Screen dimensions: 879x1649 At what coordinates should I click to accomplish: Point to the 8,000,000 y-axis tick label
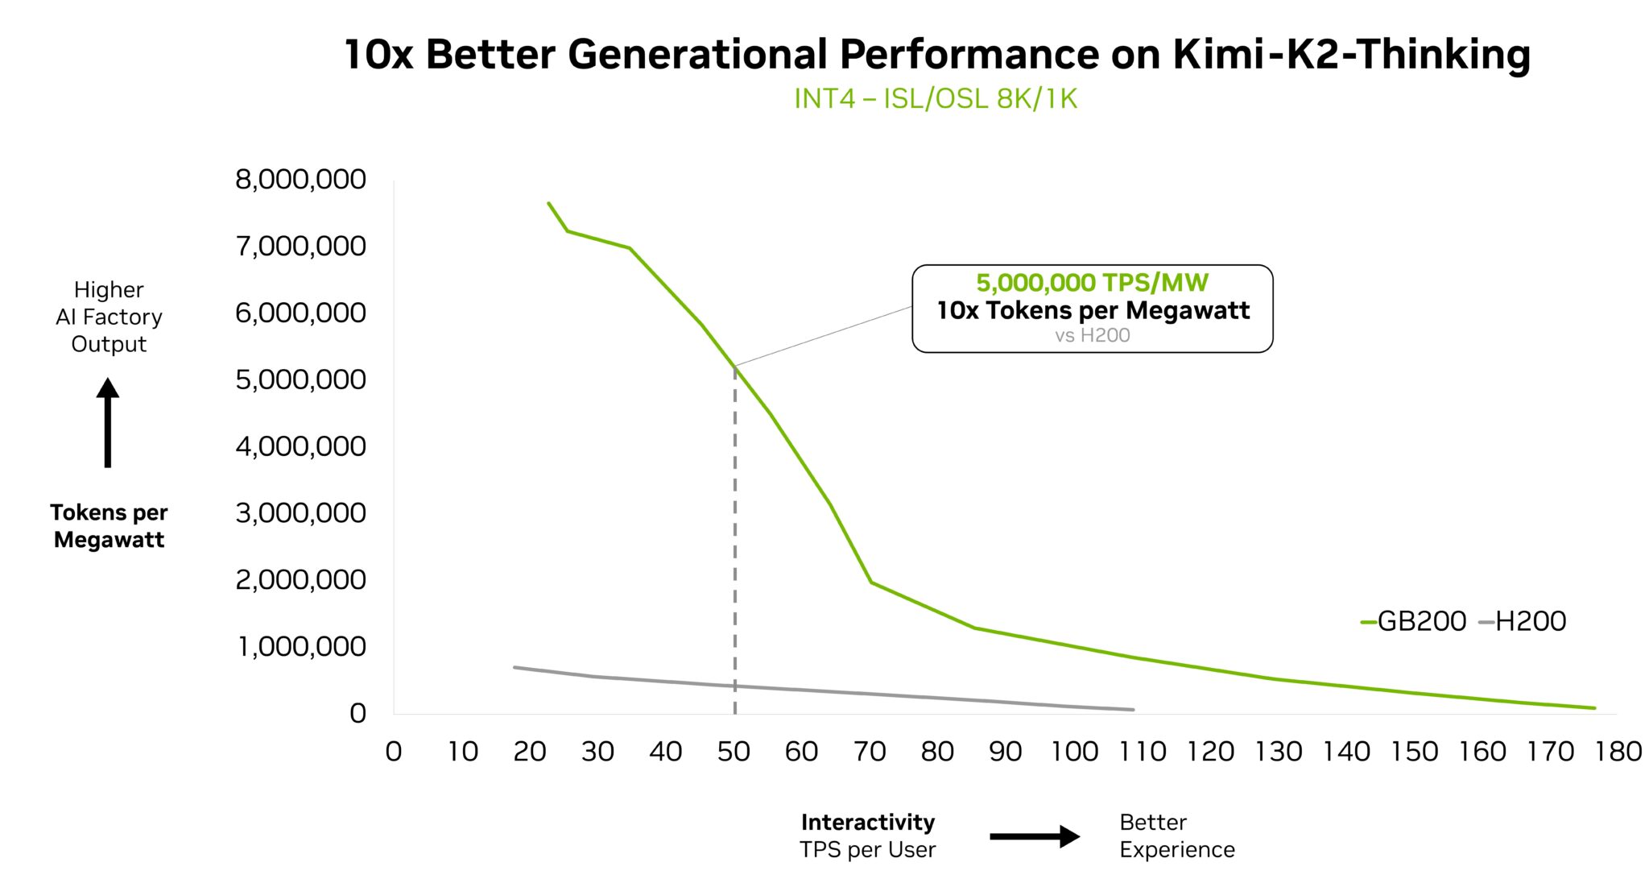tap(300, 179)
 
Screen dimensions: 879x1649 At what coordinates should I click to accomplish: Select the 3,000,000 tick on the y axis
tap(300, 512)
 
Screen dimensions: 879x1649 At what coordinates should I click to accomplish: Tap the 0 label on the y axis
tap(357, 713)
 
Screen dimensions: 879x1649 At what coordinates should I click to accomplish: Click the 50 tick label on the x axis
tap(734, 752)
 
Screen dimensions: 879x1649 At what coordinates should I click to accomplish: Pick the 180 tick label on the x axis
tap(1618, 752)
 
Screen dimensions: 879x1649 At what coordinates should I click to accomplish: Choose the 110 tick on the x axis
tap(1142, 752)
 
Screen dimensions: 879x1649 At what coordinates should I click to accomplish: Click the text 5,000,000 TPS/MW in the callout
tap(1092, 283)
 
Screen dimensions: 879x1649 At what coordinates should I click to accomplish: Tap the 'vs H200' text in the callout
tap(1092, 335)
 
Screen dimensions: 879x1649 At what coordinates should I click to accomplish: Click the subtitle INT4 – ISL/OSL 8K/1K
tap(935, 98)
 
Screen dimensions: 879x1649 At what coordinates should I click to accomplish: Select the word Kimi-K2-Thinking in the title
tap(1350, 55)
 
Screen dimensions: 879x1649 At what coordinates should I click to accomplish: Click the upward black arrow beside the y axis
tap(108, 423)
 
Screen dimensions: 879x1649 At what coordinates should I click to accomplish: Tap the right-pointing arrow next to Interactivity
tap(1034, 836)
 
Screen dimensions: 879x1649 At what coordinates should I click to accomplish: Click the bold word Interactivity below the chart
tap(867, 822)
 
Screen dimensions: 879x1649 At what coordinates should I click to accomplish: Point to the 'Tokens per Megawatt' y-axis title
tap(109, 526)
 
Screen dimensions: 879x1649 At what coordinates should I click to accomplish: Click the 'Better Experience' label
tap(1176, 835)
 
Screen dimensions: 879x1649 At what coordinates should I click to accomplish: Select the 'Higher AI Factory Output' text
tap(109, 317)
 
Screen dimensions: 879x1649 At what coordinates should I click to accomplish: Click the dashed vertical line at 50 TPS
tap(734, 548)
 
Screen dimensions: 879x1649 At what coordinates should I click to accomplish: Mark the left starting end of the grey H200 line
tap(515, 667)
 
